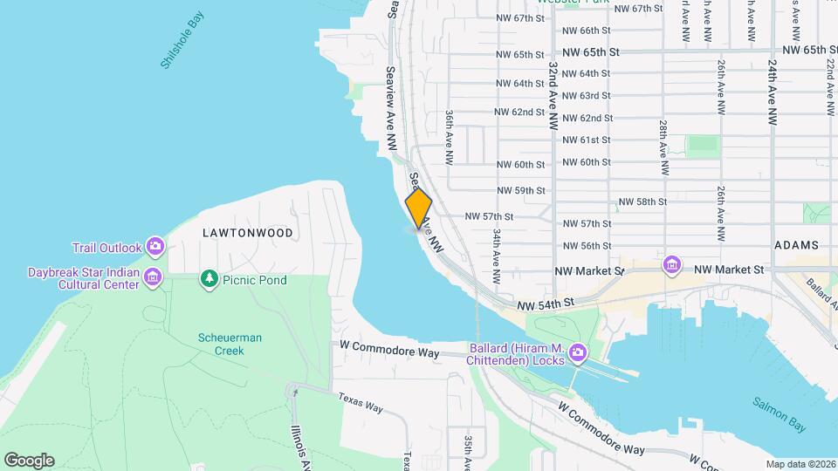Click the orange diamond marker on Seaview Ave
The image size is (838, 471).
coord(419,208)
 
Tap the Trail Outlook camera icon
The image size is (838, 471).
coord(155,247)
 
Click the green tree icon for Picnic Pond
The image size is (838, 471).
coord(209,279)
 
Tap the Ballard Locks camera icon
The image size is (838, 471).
coord(577,353)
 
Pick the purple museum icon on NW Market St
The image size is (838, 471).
coord(671,264)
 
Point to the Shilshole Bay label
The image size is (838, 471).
coord(182,40)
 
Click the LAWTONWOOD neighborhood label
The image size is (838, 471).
coord(247,233)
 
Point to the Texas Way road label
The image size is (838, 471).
coord(361,402)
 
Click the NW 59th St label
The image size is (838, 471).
coord(520,190)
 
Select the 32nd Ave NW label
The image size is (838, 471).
coord(553,95)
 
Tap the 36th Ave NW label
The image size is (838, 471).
coord(450,138)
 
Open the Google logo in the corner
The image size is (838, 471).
coord(29,460)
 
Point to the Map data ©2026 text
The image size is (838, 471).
coord(800,464)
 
